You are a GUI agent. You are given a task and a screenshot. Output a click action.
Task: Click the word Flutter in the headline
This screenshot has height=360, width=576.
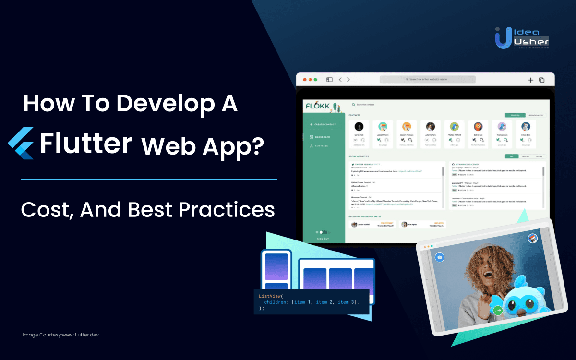click(x=86, y=143)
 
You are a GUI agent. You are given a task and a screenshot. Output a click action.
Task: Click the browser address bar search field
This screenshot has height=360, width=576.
click(x=427, y=79)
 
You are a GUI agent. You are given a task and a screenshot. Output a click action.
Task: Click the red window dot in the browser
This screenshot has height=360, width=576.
click(x=303, y=79)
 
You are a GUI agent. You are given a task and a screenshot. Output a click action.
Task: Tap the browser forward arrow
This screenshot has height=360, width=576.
click(x=348, y=80)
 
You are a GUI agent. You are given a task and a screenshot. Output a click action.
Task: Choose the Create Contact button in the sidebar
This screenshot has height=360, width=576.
click(x=324, y=124)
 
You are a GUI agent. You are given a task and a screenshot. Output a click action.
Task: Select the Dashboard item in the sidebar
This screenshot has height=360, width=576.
click(x=323, y=137)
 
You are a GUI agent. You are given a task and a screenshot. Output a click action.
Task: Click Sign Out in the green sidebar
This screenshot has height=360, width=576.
click(x=323, y=239)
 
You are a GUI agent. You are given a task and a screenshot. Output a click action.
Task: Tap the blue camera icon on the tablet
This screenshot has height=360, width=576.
click(x=439, y=258)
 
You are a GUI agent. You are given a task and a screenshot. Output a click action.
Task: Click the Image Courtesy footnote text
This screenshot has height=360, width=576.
click(x=60, y=335)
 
